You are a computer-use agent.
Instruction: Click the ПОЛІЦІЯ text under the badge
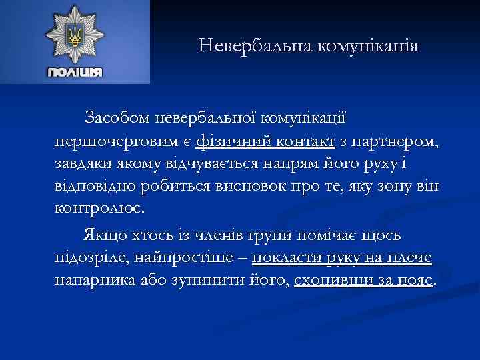click(75, 72)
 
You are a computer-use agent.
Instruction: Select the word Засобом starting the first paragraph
click(117, 118)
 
